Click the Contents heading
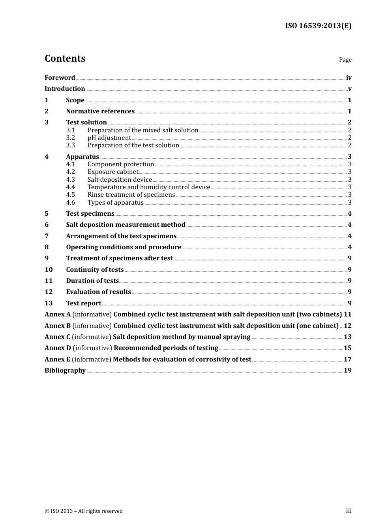(x=65, y=58)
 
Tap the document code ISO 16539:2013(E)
(x=318, y=26)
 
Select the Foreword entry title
(x=60, y=78)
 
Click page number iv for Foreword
(x=349, y=78)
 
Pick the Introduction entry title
(x=65, y=89)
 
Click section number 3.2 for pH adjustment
(x=70, y=138)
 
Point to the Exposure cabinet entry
(x=113, y=172)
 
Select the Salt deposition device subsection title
(x=120, y=180)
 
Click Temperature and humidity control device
(x=149, y=187)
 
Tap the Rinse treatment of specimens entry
(x=131, y=195)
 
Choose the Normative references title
(x=100, y=111)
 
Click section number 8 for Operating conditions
(x=47, y=247)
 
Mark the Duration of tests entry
(x=92, y=281)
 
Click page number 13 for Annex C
(x=347, y=337)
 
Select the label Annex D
(x=58, y=348)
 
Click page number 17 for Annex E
(x=347, y=360)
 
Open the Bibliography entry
(x=65, y=371)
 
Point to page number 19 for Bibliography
(x=347, y=371)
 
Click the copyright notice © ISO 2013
(x=84, y=511)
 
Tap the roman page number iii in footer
(x=349, y=511)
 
